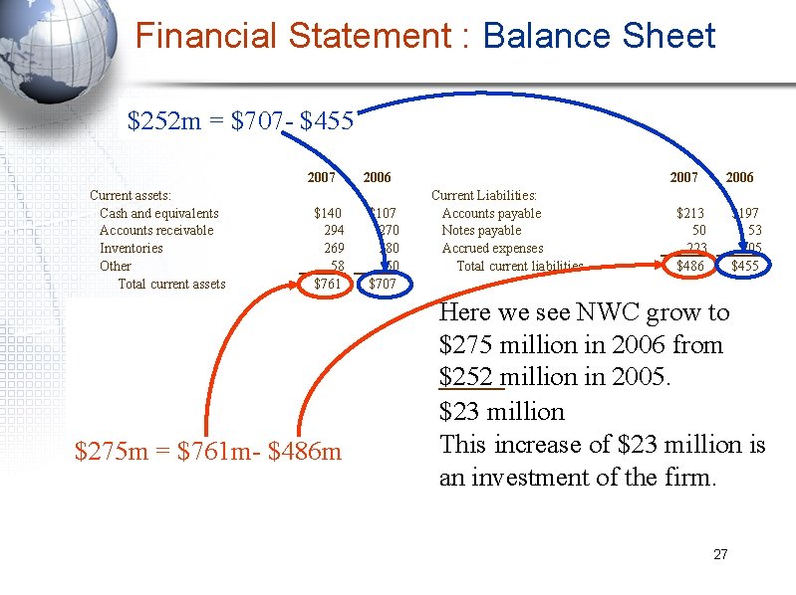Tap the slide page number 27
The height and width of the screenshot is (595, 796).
(720, 554)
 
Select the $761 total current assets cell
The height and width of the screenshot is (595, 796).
(327, 285)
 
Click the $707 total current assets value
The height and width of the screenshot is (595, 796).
(383, 285)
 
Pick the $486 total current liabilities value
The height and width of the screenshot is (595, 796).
(689, 266)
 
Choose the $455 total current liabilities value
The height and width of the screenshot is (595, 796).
(744, 266)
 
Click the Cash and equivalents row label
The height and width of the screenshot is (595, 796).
(158, 213)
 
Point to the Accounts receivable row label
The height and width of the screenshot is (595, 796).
(155, 231)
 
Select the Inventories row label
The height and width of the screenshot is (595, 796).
(131, 249)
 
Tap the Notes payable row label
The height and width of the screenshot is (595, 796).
(481, 231)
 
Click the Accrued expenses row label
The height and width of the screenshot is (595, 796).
(492, 249)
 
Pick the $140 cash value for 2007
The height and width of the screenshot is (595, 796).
(327, 213)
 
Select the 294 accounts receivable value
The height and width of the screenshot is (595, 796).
(333, 231)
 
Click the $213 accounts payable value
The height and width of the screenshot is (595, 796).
(689, 213)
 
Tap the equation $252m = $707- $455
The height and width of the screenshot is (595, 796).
(240, 121)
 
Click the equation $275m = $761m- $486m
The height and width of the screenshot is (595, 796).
(207, 452)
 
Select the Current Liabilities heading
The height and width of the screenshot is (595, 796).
(483, 196)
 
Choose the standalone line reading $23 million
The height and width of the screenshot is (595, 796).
(501, 412)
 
